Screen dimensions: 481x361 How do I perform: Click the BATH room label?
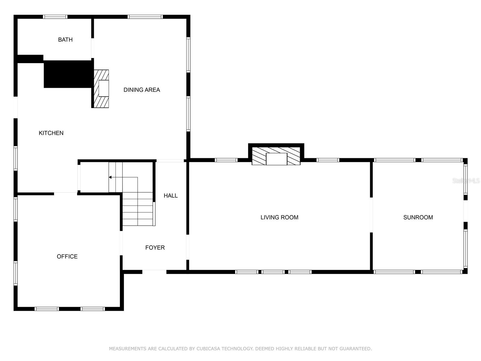coord(65,40)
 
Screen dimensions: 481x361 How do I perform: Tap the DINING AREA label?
coord(142,90)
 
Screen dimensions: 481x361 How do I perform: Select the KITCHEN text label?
coord(51,133)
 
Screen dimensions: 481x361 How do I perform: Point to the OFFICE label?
coord(67,256)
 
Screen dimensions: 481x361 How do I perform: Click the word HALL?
coord(171,196)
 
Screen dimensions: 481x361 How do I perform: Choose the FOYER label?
coord(155,248)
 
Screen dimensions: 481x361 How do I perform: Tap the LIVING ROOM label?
coord(279,218)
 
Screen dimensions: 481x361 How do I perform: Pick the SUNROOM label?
coord(418,218)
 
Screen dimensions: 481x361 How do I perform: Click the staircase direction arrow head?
coord(110,177)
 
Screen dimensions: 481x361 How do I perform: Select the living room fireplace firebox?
coord(277,159)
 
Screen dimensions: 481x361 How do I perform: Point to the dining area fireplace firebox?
coord(104,88)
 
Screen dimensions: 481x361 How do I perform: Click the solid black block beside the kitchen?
coord(68,74)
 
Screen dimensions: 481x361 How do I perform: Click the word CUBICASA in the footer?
coord(208,348)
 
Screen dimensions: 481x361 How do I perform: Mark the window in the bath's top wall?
coord(55,17)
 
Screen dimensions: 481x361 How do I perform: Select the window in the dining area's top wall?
coord(145,17)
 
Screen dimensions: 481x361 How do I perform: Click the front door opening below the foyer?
coord(155,272)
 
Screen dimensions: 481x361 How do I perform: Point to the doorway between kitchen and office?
coord(66,194)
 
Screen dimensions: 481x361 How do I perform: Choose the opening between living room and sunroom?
coord(371,215)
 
